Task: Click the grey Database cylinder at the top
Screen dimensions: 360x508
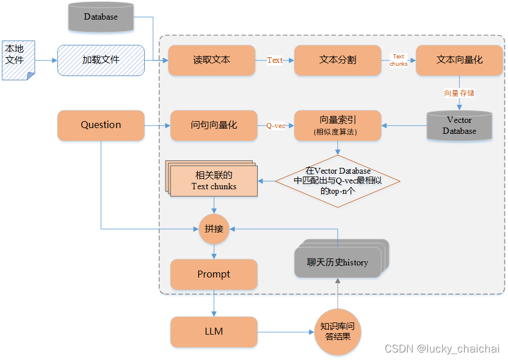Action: tap(100, 17)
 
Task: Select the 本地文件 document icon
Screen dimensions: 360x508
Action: tap(18, 60)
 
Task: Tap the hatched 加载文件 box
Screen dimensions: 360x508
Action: tap(101, 60)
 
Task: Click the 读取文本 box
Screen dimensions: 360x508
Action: tap(212, 60)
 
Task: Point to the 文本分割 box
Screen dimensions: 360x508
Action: tap(338, 60)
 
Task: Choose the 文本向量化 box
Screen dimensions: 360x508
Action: tap(460, 60)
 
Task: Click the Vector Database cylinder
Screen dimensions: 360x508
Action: tap(460, 125)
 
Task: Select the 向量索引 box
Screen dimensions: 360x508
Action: tap(338, 125)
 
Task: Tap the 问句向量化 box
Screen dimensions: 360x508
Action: tap(214, 125)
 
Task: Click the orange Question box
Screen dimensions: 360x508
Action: tap(101, 125)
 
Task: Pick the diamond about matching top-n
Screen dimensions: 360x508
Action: tap(338, 181)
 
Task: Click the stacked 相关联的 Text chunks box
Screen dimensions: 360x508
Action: tap(213, 181)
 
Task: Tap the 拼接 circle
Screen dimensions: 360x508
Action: tap(214, 228)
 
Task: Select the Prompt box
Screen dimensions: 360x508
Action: tap(214, 274)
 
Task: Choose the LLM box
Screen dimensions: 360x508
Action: tap(214, 332)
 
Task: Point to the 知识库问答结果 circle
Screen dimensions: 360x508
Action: tap(338, 332)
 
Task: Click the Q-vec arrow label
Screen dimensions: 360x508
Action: tap(276, 125)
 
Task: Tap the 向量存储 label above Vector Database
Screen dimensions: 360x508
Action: tap(460, 93)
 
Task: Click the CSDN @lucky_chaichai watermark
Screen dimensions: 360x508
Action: tap(442, 349)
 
